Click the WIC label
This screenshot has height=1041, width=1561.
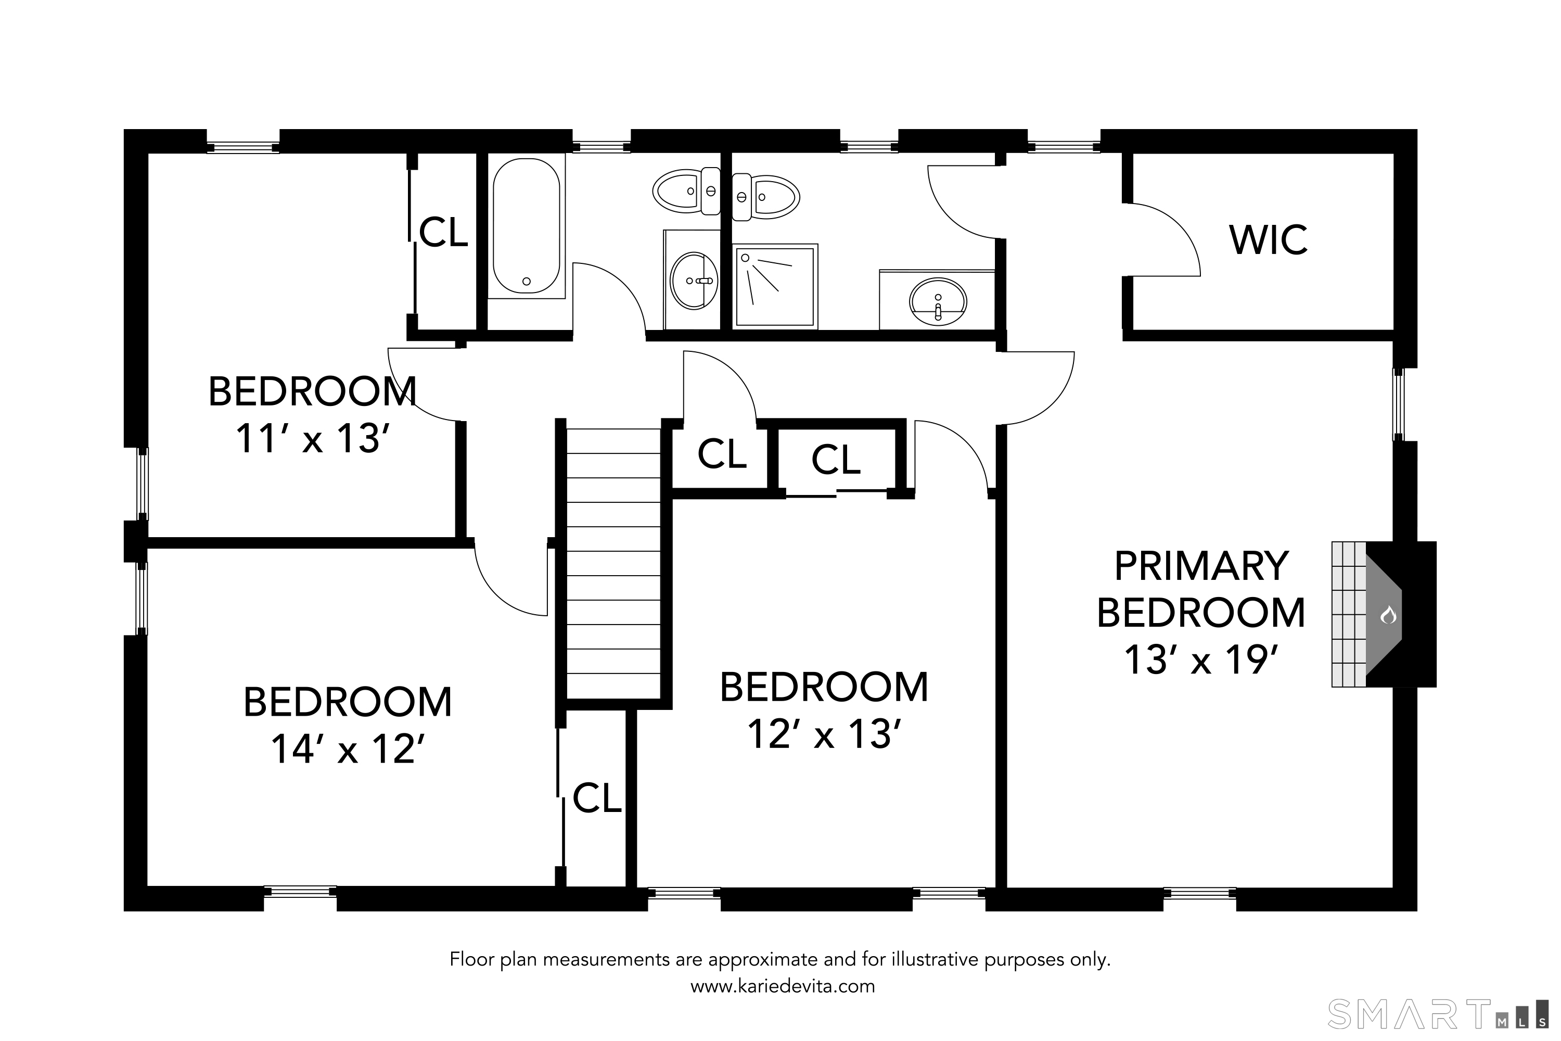pos(1269,240)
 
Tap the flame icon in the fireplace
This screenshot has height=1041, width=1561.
pos(1388,615)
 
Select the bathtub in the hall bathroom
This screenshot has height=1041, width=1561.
pos(526,226)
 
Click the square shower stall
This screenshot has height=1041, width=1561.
pos(775,286)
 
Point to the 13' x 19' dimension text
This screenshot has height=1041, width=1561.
pos(1201,659)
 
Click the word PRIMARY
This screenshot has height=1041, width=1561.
pos(1201,566)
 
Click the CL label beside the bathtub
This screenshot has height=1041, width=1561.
pos(443,232)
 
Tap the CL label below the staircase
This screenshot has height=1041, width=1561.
pos(597,797)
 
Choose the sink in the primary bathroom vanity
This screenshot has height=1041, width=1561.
pos(938,301)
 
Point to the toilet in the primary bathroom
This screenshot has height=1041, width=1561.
pos(766,197)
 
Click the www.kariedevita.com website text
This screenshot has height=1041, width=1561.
pos(783,986)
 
